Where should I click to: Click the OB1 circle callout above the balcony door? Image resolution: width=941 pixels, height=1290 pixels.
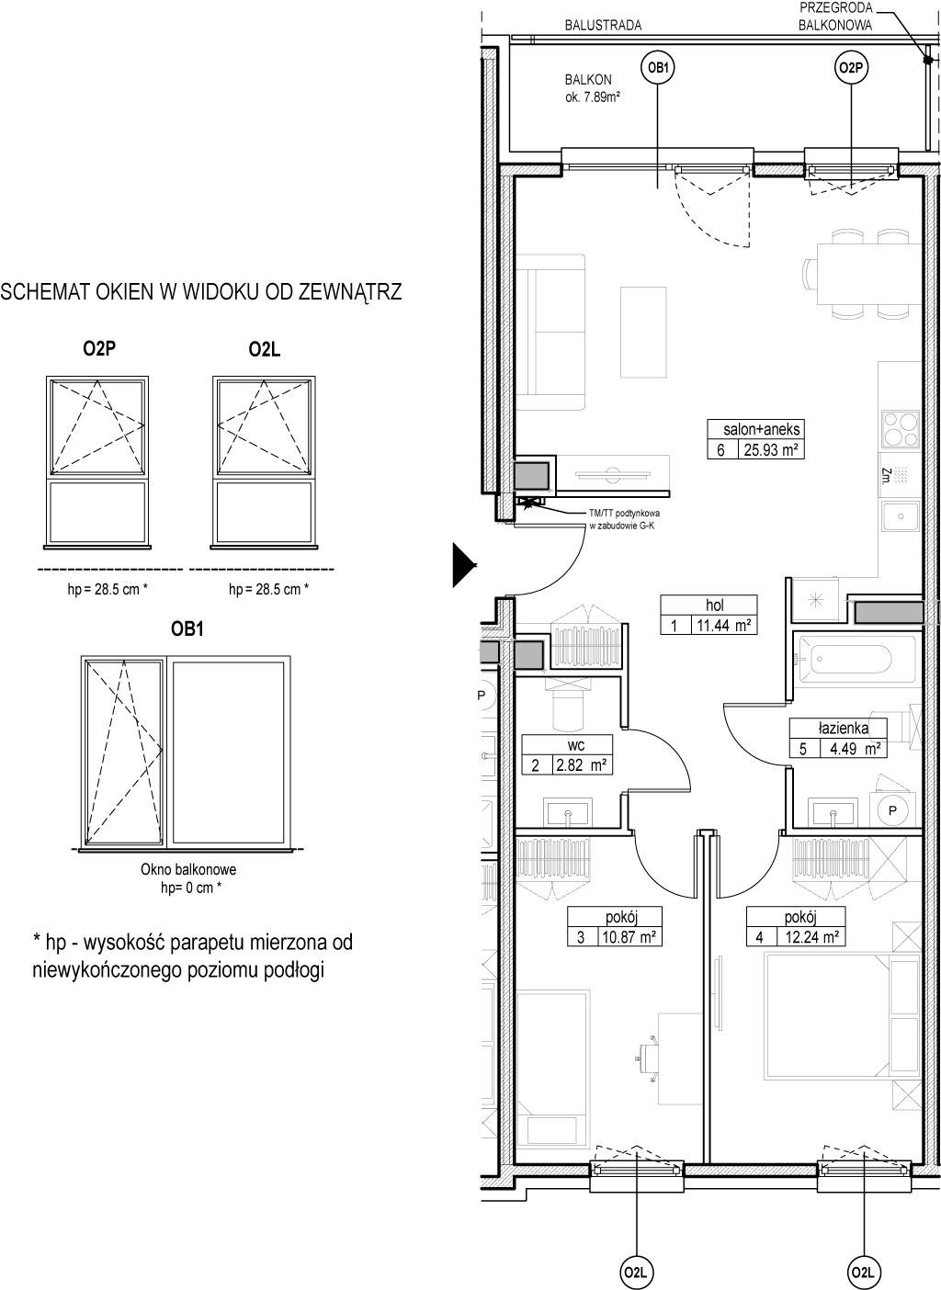coord(657,68)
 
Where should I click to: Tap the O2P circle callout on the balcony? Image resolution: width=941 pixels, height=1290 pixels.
coord(851,68)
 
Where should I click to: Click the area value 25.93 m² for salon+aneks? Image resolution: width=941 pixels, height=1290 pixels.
coord(771,450)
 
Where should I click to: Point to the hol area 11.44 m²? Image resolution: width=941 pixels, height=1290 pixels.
coord(724,626)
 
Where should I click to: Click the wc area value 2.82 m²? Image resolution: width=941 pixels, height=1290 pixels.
coord(582,765)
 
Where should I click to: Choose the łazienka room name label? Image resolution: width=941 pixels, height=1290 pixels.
coord(843,729)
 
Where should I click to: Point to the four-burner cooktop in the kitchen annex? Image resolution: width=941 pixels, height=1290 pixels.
coord(901,429)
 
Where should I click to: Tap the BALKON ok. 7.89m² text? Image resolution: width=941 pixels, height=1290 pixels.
coord(592,88)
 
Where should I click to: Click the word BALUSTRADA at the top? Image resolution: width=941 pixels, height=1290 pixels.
coord(603,26)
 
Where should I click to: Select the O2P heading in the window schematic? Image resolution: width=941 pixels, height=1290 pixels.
coord(99,349)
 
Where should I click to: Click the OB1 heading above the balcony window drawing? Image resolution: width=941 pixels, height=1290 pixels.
coord(187,628)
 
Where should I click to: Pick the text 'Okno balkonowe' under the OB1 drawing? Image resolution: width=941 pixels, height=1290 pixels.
coord(188,869)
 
